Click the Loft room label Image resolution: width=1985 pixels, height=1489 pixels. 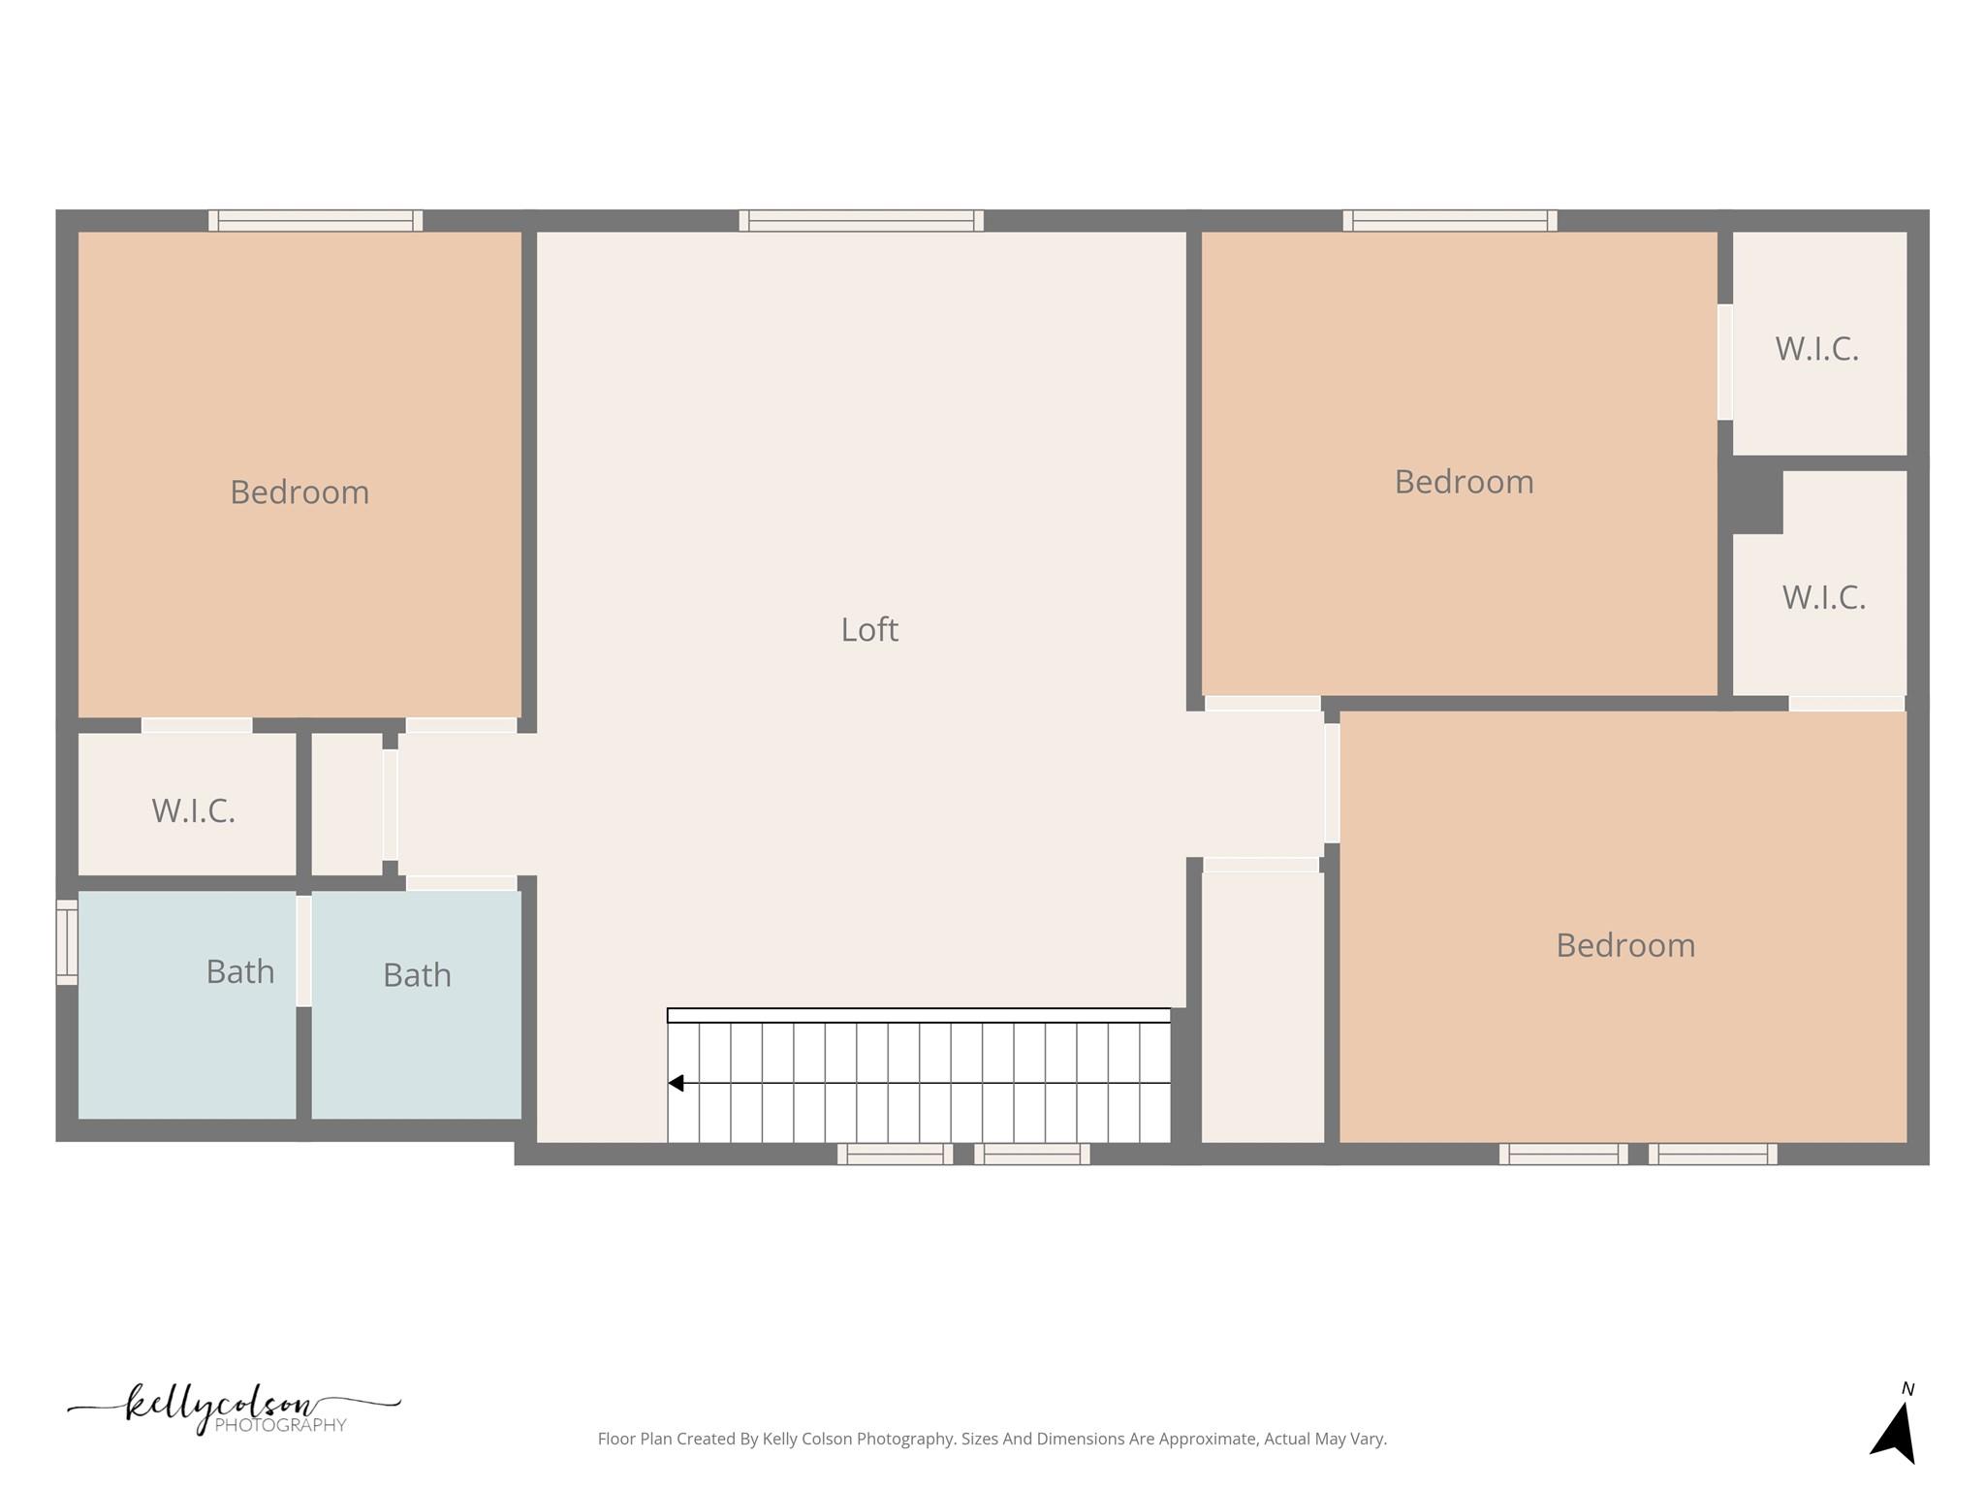click(869, 630)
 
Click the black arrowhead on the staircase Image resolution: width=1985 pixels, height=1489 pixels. click(677, 1083)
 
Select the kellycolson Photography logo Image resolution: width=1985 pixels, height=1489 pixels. click(234, 1410)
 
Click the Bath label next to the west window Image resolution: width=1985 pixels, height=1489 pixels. click(240, 971)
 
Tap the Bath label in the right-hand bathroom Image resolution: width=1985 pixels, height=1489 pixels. click(417, 975)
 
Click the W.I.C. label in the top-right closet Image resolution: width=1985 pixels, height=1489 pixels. click(1817, 349)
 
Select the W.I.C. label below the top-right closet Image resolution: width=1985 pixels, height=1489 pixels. click(1824, 597)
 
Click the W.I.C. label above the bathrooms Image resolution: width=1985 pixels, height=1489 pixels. click(194, 810)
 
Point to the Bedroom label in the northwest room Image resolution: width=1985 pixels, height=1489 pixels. click(299, 492)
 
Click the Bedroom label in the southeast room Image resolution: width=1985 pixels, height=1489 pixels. click(1625, 945)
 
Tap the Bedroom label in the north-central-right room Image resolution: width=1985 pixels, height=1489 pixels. click(1464, 482)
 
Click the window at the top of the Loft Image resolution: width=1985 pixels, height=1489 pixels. click(861, 221)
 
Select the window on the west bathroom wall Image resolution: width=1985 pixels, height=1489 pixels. click(67, 942)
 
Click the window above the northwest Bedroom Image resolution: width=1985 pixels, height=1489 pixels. click(315, 221)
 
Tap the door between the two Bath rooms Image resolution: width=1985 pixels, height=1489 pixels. click(303, 951)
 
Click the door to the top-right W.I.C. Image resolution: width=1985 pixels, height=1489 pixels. click(1725, 363)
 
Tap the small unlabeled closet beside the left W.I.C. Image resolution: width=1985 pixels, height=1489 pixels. click(347, 804)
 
